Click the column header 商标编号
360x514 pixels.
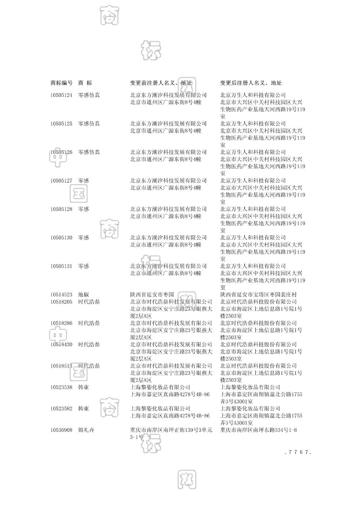tap(61, 83)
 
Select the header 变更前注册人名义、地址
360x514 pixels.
tap(161, 83)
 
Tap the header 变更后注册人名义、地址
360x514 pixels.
tap(251, 83)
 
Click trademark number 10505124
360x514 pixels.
tap(61, 95)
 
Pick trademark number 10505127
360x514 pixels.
tap(61, 181)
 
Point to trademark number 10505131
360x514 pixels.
tap(61, 266)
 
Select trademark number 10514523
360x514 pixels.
tap(61, 295)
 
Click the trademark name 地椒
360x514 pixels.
tap(83, 295)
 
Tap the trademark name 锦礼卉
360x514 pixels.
tap(86, 430)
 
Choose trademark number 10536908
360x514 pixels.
tap(61, 430)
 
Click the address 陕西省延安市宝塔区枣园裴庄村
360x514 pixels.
tap(258, 295)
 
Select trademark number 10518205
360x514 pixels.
tap(61, 302)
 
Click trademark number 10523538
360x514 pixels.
tap(61, 387)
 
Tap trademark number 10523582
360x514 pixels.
tap(61, 409)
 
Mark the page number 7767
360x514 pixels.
tap(298, 452)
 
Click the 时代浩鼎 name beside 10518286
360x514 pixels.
tap(89, 323)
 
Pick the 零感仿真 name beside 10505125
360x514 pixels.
tap(89, 124)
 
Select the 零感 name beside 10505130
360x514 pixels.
tap(83, 238)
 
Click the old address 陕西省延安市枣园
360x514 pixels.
tap(152, 295)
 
